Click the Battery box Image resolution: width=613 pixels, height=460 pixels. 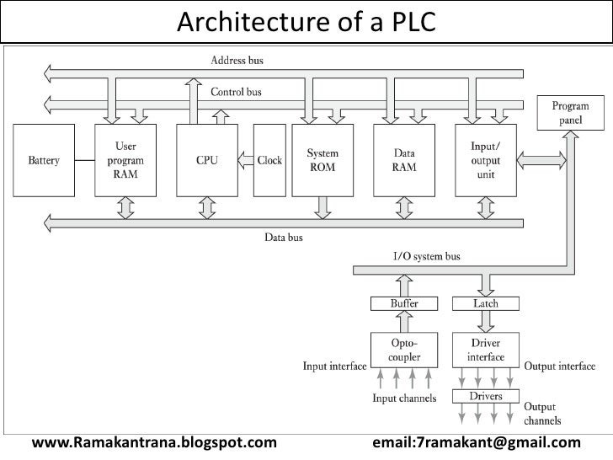point(44,159)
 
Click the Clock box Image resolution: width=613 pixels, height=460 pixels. point(269,160)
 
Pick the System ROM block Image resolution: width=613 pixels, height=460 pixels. point(322,159)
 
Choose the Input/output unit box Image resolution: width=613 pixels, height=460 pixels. point(487,159)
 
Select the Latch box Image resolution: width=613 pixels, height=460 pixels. point(486,303)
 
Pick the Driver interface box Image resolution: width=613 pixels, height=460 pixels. point(486,350)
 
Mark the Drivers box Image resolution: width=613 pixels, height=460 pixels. point(486,395)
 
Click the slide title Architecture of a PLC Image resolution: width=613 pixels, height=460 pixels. point(306,19)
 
